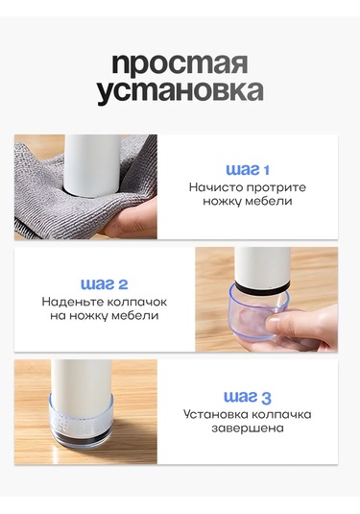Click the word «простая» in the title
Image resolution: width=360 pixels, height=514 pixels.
click(180, 64)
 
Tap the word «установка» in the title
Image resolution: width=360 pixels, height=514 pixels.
click(180, 91)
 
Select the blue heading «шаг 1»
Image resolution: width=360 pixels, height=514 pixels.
click(248, 170)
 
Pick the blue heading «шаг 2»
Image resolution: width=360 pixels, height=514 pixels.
click(105, 283)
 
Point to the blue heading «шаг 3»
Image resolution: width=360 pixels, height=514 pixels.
click(248, 398)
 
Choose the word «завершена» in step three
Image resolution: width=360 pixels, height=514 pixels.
click(248, 428)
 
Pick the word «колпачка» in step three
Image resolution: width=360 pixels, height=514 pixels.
click(280, 414)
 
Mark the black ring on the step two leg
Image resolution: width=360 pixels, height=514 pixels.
click(263, 286)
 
